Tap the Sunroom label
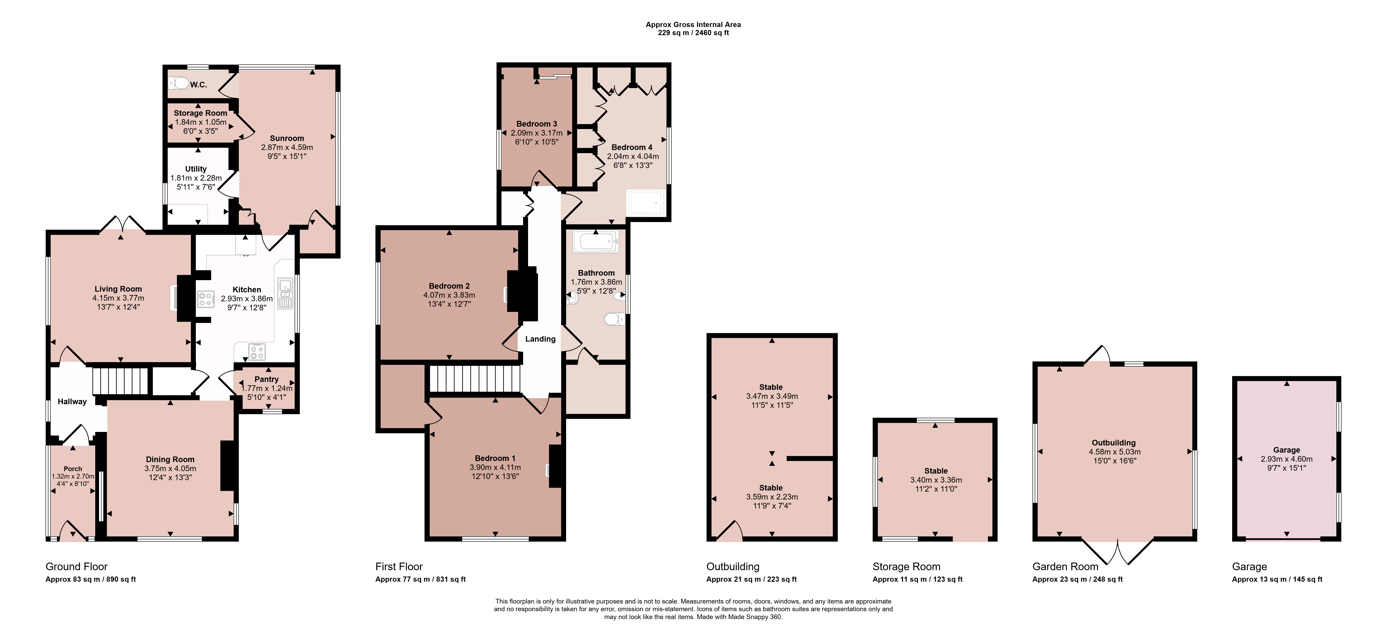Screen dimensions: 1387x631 [x=287, y=138]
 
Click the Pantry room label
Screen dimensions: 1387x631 [x=267, y=379]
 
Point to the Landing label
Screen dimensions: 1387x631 [x=540, y=339]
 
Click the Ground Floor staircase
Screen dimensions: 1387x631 [x=120, y=381]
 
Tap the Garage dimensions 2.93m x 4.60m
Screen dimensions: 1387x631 [x=1286, y=459]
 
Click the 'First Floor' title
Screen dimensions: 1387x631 [x=399, y=566]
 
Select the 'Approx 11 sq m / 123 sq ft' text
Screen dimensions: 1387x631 [x=917, y=579]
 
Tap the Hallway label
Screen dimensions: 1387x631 [x=72, y=402]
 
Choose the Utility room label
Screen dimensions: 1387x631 [x=196, y=169]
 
